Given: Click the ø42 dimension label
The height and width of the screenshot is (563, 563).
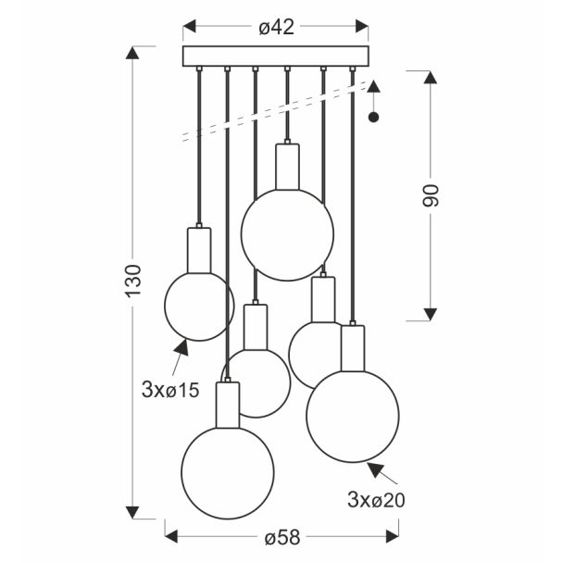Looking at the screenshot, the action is (276, 27).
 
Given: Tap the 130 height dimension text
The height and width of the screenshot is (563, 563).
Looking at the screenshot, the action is (133, 281).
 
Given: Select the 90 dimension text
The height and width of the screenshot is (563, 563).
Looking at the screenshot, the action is (431, 195).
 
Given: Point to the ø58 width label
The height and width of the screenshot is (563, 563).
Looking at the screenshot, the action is (281, 538).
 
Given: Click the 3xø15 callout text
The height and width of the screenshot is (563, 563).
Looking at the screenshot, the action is (170, 390).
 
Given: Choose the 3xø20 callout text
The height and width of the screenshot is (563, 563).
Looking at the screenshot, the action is (376, 499).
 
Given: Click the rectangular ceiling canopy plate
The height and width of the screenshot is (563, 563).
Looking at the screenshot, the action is (275, 56).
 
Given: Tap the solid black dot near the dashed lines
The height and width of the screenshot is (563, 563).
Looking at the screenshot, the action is (374, 117).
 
